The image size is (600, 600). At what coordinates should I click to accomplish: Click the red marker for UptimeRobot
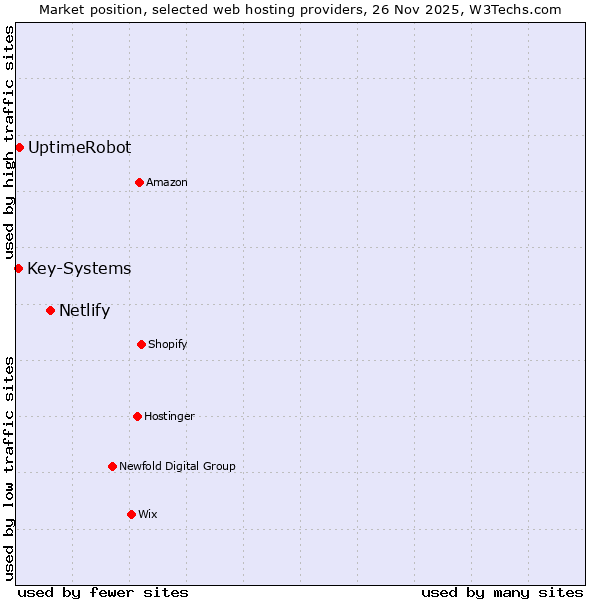pos(19,148)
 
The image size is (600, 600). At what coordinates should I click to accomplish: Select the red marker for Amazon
pos(139,182)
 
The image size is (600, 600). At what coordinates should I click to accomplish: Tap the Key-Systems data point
pos(18,268)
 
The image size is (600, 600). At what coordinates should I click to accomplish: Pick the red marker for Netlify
pos(50,310)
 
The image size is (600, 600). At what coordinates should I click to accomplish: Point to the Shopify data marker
pos(141,344)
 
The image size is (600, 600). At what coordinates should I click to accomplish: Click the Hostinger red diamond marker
pos(137,416)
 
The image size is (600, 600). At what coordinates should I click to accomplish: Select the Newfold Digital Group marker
pos(112,466)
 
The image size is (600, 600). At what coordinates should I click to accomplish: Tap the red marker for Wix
pos(131,514)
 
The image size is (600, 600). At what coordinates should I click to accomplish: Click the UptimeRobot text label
pos(79,148)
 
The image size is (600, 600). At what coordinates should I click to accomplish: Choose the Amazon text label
pos(167,182)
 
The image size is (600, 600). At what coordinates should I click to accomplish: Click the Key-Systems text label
pos(79,268)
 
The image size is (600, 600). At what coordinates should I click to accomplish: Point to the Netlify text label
pos(84,310)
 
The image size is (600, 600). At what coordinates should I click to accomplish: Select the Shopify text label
pos(168,344)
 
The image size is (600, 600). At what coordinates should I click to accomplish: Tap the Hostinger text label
pos(169,416)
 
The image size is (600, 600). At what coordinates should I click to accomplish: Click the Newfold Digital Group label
pos(177,466)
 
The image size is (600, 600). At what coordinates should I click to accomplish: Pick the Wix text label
pos(148,514)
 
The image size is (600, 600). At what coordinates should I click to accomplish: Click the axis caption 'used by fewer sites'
pos(103,592)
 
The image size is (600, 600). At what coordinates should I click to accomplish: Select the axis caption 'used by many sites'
pos(502,592)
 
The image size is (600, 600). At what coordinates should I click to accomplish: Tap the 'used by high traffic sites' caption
pos(9,142)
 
